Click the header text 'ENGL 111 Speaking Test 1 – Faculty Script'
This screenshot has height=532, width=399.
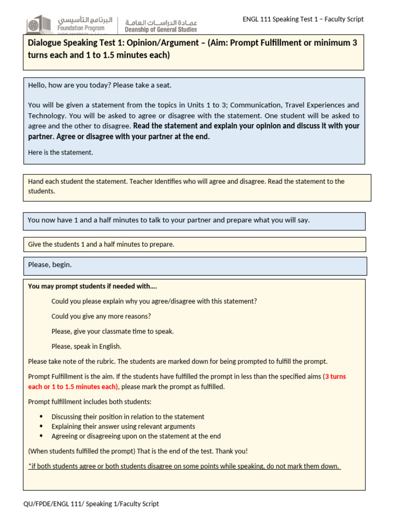(303, 19)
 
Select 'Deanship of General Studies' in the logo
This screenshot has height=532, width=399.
(161, 30)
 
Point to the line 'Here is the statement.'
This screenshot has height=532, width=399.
(60, 152)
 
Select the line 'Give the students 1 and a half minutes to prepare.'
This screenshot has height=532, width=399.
(101, 244)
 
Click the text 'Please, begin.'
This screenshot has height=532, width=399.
(50, 264)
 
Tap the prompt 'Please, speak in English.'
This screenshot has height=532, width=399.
(86, 347)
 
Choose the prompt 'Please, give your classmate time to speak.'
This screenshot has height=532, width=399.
(113, 331)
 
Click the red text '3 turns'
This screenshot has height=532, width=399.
(335, 377)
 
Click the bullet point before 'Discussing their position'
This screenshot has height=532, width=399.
(42, 417)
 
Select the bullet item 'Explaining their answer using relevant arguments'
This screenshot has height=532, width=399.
(123, 427)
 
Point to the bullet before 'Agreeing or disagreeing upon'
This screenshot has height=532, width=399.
(42, 436)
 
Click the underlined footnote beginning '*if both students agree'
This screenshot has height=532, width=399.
(184, 466)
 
